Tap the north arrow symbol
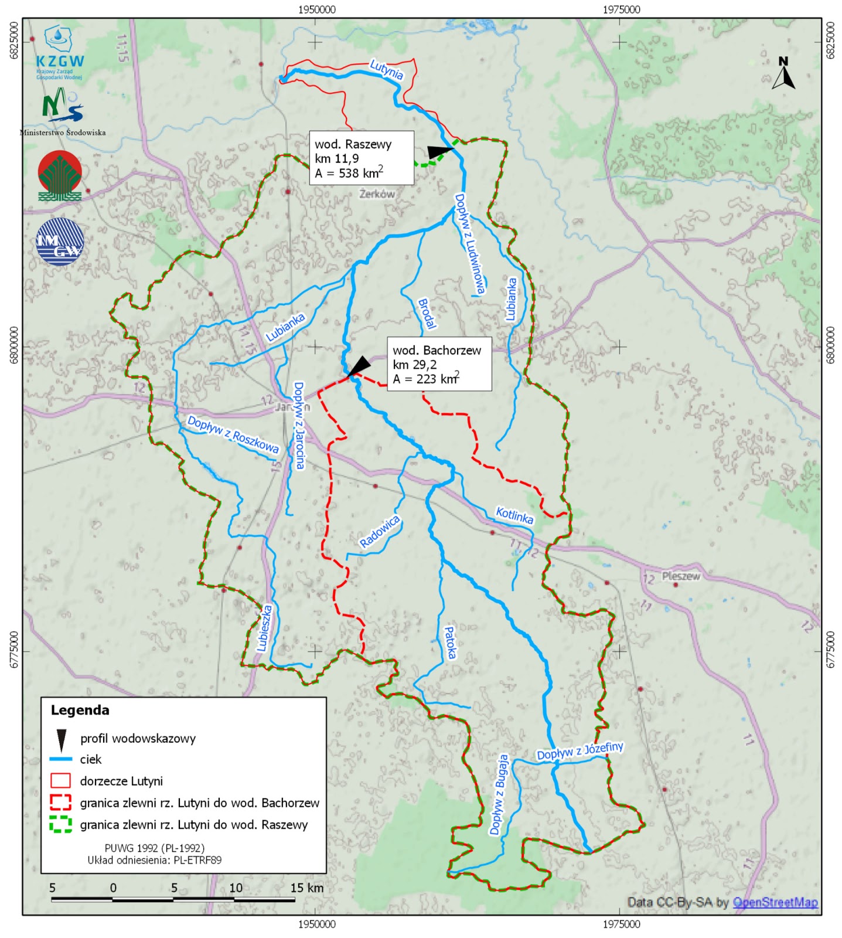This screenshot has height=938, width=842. [783, 74]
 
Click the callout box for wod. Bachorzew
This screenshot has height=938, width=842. [439, 364]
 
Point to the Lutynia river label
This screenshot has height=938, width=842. [387, 70]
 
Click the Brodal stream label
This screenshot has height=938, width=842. [427, 314]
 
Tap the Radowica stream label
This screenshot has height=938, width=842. [380, 532]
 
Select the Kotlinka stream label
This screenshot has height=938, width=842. [514, 515]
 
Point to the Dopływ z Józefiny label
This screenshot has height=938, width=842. [580, 751]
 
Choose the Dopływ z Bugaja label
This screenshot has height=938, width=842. [499, 794]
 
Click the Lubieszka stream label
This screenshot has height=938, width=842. [265, 628]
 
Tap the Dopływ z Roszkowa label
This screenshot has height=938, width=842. [233, 434]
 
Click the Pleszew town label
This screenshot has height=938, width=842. [681, 576]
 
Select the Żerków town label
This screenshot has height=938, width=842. [377, 194]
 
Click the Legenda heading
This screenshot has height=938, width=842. [80, 711]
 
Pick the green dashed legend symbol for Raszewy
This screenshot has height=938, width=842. [61, 824]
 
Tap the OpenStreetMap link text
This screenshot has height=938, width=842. [775, 902]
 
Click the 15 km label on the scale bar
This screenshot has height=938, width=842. [307, 888]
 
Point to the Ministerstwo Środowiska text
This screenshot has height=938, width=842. [63, 132]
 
